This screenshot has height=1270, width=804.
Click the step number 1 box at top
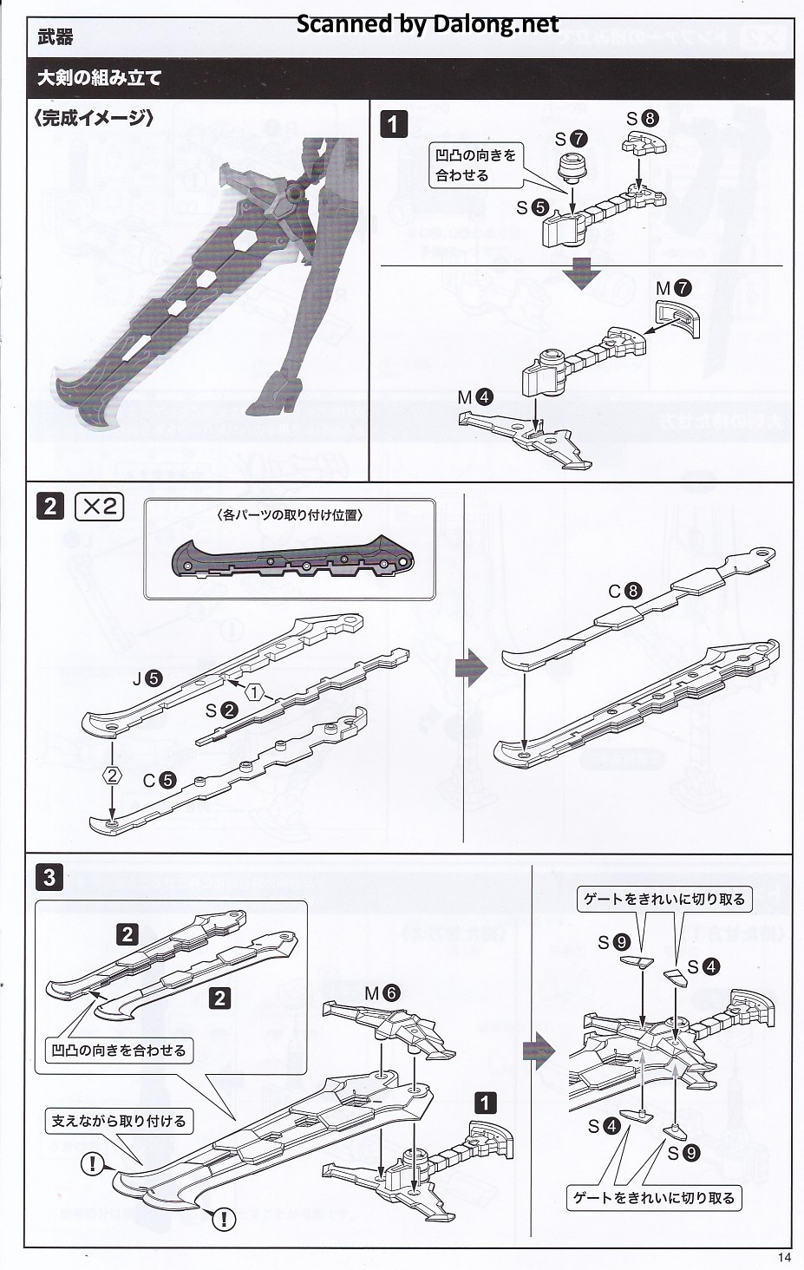pos(393,124)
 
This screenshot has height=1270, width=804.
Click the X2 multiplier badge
pos(101,506)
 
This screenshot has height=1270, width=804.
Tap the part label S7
pos(572,139)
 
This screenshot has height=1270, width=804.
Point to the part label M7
pos(672,287)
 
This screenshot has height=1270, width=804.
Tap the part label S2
pos(221,710)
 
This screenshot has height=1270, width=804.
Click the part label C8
pos(624,592)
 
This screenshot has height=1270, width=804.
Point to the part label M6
pos(382,993)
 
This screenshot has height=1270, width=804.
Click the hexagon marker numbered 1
pos(255,691)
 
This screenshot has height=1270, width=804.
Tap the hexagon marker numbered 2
pos(112,775)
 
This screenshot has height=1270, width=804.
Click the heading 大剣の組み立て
pos(99,77)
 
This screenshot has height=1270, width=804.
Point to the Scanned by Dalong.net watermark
pos(428,23)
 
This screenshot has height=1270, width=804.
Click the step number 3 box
pos(49,877)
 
